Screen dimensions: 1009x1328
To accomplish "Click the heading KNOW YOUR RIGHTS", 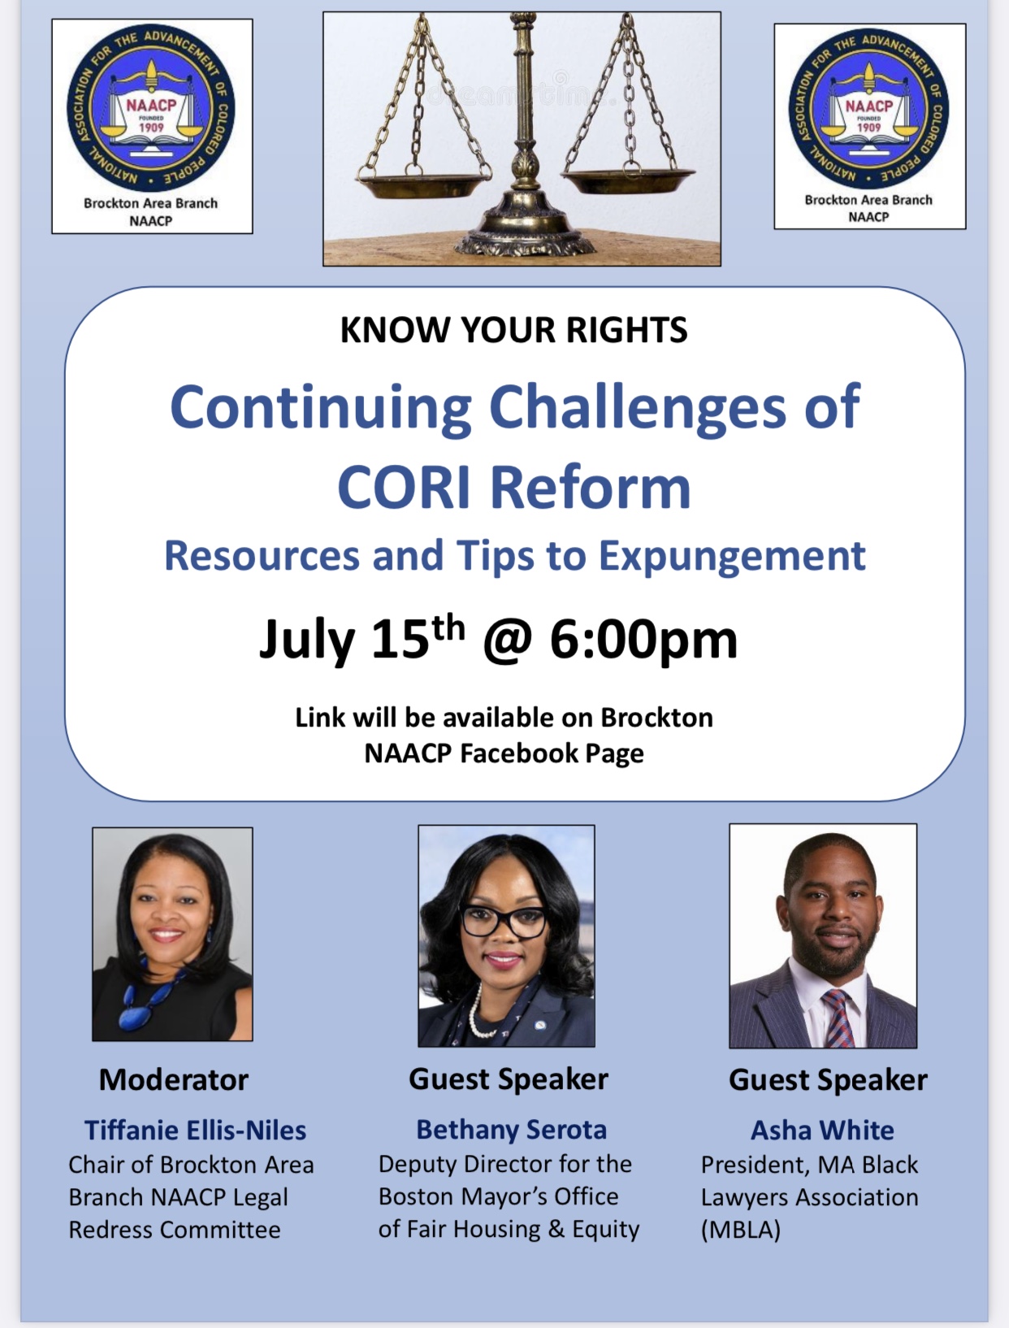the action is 514,330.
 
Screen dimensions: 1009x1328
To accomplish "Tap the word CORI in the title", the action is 403,488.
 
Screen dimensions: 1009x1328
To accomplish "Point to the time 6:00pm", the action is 643,640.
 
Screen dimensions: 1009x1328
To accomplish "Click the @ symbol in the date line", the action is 507,641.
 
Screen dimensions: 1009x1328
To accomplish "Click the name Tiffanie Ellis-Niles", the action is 195,1131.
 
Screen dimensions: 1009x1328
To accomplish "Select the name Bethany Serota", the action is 511,1130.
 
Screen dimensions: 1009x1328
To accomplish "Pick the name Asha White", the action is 822,1131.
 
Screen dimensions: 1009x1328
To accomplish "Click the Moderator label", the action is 174,1080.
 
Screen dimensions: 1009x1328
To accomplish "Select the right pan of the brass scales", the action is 628,180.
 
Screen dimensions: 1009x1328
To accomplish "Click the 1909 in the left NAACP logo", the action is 151,128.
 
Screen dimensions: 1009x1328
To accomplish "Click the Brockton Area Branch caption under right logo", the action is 868,200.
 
